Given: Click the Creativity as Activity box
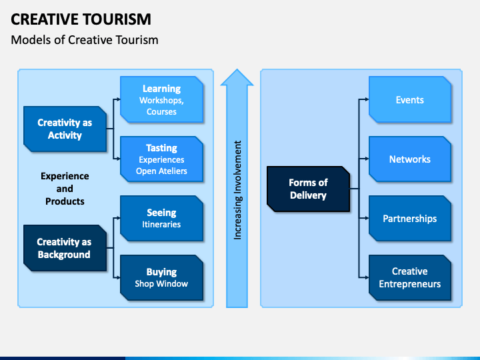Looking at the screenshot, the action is [x=65, y=129].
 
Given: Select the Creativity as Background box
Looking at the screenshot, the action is [x=65, y=248].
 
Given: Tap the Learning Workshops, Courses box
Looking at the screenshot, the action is [x=161, y=99].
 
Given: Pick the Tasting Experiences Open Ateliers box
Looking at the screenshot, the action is [x=161, y=159].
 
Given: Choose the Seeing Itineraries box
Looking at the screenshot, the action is [x=161, y=218].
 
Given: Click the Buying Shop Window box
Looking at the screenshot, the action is [x=161, y=277].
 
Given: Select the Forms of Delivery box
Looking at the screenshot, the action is [x=308, y=189].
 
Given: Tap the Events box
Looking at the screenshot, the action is [x=410, y=99].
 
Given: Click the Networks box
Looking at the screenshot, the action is [x=410, y=159].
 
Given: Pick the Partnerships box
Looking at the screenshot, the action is [x=410, y=218].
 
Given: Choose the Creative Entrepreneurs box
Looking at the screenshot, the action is [x=410, y=277].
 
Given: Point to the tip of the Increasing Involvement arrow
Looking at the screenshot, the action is [x=237, y=69].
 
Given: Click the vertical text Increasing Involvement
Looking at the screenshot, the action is [x=237, y=190].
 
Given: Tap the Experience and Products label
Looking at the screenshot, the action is [x=65, y=189].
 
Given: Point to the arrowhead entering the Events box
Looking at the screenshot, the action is [x=367, y=99].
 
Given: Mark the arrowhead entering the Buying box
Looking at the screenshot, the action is [x=119, y=277].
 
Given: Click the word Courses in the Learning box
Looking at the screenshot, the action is [x=161, y=112].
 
